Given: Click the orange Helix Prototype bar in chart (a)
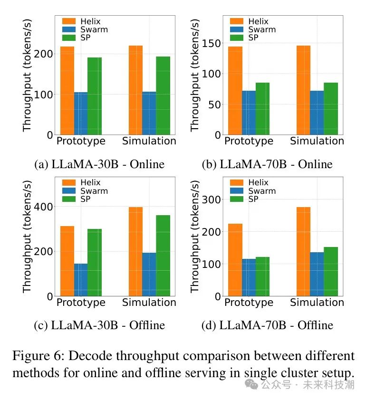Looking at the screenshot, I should [x=67, y=91].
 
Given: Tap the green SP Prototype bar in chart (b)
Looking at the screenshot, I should [x=262, y=109].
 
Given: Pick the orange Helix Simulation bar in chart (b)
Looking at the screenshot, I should [x=303, y=90].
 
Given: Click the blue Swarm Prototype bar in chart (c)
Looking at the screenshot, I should [x=81, y=280].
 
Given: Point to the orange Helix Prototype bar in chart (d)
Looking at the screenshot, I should [x=235, y=260].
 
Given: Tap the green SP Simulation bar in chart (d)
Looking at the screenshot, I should [x=330, y=271].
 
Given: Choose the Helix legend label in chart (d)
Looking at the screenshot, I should [x=258, y=182].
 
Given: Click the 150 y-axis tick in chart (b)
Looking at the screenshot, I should [x=212, y=43].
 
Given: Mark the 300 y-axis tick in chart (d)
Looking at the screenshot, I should [x=212, y=199].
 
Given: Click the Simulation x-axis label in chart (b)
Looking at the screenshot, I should [x=317, y=141].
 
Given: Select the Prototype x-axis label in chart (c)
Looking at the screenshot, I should [x=81, y=303].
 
